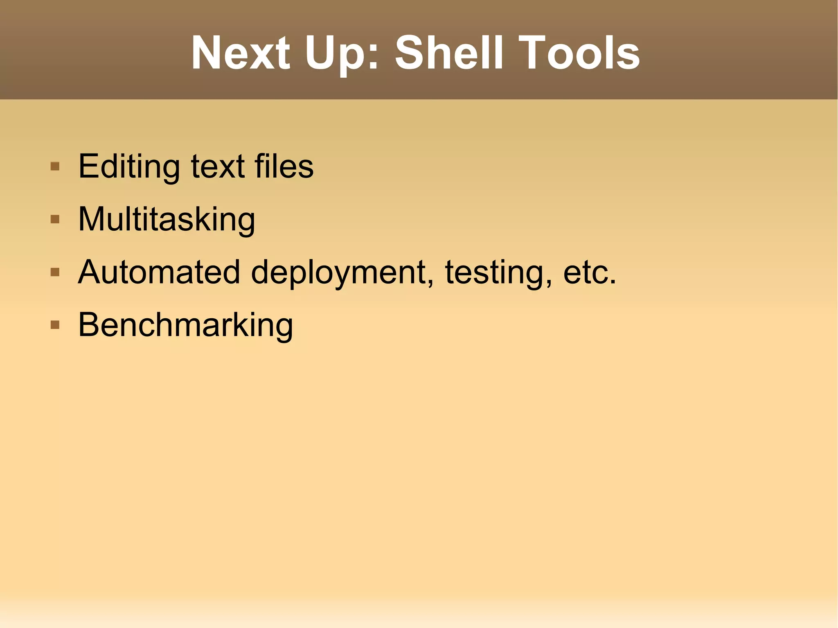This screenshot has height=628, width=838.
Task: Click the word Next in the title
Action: point(241,53)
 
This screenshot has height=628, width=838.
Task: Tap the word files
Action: point(284,167)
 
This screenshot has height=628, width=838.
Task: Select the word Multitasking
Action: point(167,220)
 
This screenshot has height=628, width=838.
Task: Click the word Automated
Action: point(159,272)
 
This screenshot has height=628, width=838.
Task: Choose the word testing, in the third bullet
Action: point(498,272)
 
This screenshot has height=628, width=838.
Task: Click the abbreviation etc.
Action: point(589,272)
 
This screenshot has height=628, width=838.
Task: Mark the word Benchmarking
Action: point(185,325)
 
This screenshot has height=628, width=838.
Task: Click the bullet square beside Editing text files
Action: point(55,167)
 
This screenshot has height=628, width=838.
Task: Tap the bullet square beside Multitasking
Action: point(55,220)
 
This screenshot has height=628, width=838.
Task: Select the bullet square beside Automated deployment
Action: point(55,272)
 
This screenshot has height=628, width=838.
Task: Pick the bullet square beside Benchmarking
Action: point(55,325)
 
